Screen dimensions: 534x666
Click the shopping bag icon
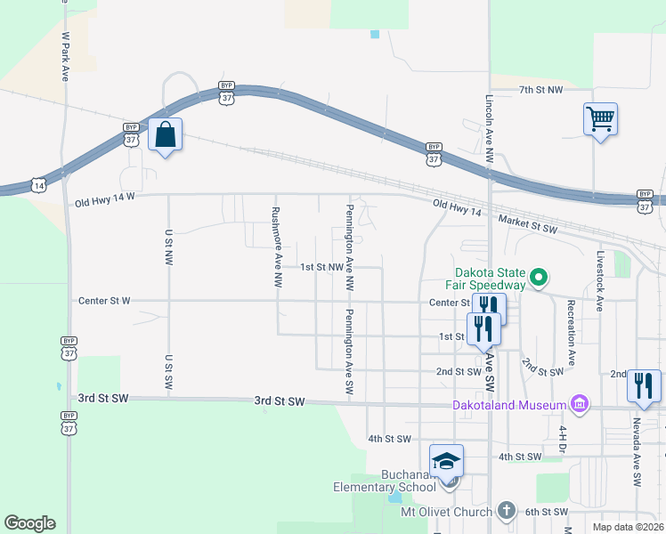(165, 135)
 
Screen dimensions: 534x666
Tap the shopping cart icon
(600, 118)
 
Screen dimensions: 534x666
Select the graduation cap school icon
(447, 461)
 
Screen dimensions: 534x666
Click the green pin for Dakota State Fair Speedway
(538, 279)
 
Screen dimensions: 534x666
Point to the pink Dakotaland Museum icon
(581, 405)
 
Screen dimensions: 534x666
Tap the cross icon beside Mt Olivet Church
(506, 511)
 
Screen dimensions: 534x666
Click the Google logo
(29, 523)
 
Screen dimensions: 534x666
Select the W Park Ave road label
(65, 58)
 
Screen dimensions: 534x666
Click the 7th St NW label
(540, 90)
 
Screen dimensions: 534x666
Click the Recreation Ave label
(570, 327)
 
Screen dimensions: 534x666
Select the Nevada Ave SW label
(637, 451)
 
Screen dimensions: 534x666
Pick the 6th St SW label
(546, 512)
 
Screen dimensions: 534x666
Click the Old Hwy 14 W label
(104, 202)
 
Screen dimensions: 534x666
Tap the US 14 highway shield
(38, 184)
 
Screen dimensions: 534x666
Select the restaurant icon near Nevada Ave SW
(644, 385)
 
